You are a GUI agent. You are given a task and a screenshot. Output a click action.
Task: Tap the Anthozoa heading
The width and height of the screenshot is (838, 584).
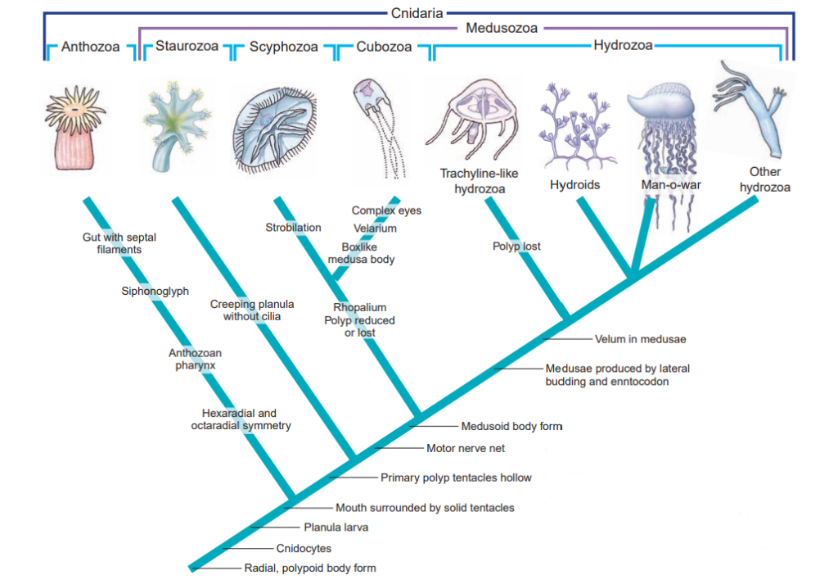tap(90, 47)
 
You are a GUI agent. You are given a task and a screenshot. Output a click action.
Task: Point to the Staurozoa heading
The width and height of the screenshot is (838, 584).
tap(187, 46)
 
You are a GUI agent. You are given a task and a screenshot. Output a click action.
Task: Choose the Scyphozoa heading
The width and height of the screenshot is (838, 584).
tap(283, 47)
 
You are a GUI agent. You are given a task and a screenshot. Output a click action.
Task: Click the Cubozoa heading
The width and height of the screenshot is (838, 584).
tap(384, 47)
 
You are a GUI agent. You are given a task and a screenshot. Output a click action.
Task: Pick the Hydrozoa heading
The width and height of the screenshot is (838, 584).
tap(623, 45)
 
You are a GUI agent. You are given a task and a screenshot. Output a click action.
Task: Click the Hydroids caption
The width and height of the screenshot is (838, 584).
tap(574, 185)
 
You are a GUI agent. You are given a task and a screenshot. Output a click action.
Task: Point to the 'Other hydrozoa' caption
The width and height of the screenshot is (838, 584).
tap(764, 179)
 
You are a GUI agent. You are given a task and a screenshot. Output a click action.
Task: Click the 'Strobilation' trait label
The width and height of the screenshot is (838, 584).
tap(293, 227)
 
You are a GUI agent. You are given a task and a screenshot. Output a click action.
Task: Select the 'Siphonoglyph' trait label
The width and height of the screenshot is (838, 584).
tap(155, 290)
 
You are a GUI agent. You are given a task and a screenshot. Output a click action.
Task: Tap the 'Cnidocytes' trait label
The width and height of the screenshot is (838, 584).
tap(304, 548)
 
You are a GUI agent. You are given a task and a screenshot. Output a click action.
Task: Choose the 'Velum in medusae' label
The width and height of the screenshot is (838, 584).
tap(640, 338)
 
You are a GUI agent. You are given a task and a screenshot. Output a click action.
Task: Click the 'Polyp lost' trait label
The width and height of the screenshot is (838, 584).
tap(516, 246)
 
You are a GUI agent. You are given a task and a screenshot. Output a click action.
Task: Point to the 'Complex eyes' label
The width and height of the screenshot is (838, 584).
tap(386, 211)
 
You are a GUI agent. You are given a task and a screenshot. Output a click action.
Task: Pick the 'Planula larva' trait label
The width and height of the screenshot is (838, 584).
tap(336, 527)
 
